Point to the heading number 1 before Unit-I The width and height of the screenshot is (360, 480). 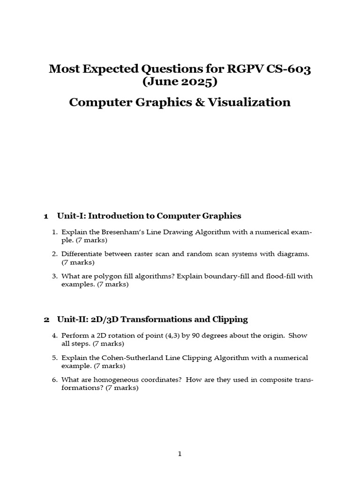(46, 216)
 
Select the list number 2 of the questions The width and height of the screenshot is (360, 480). (54, 254)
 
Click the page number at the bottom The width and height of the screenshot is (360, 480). (180, 454)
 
